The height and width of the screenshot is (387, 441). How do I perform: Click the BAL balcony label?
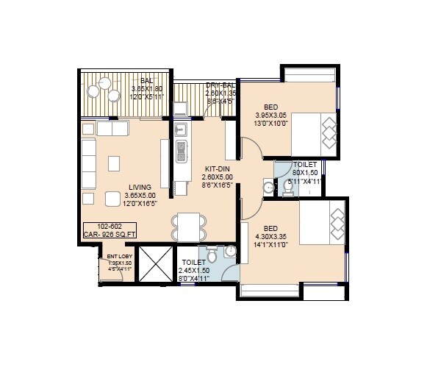[x=147, y=80]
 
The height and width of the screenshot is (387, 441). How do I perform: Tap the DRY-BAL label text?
[x=220, y=86]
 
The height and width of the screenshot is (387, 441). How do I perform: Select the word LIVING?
[x=139, y=187]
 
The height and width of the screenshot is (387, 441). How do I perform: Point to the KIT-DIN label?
[x=218, y=168]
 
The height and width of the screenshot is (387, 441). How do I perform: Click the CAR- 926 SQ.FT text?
[x=110, y=235]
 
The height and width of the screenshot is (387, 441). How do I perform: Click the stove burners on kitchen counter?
[x=181, y=153]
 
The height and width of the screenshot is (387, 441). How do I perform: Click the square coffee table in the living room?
[x=115, y=162]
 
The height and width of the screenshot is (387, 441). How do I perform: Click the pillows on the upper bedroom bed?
[x=329, y=131]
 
